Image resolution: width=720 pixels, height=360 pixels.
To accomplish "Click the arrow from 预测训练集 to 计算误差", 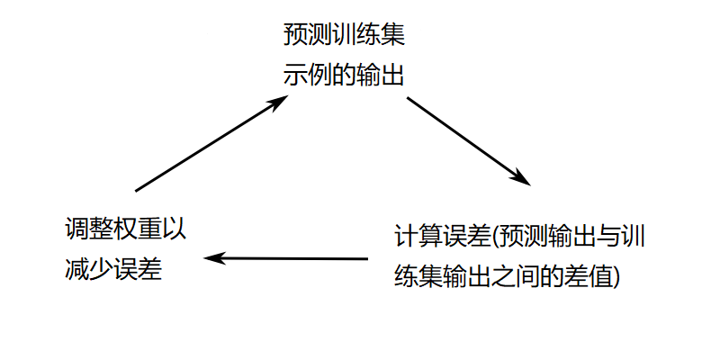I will point(468,139).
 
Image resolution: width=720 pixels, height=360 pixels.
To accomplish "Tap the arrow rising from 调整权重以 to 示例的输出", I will point(211,144).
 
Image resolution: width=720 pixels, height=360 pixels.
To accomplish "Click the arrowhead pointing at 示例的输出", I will point(281,101).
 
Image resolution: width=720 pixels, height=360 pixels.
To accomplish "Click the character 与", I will point(598,236).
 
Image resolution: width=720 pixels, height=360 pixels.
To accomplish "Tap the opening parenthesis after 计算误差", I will point(497,237).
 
